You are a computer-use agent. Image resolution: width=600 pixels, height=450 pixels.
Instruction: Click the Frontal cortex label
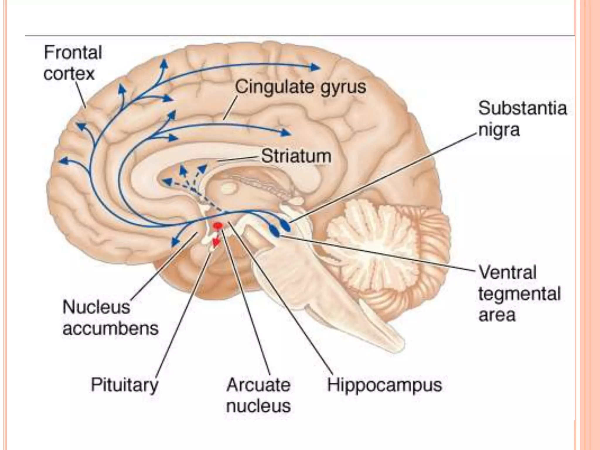73,63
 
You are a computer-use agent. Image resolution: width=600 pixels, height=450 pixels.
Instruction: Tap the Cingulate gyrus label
300,87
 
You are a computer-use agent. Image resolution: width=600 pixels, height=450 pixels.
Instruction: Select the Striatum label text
296,156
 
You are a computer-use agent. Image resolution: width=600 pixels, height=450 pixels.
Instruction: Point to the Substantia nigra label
522,119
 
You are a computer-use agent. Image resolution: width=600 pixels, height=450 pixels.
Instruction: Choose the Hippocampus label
384,385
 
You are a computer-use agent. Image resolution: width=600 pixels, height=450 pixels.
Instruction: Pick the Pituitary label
125,385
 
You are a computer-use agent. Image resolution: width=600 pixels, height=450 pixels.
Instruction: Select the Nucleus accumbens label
110,318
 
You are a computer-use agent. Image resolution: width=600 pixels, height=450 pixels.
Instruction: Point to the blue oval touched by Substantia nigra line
285,226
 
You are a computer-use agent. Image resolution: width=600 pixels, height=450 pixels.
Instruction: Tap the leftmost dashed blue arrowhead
167,182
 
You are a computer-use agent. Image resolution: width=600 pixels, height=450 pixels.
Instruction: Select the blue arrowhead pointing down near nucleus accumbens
175,242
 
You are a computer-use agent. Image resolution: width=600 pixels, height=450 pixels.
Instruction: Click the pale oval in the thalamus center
229,187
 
